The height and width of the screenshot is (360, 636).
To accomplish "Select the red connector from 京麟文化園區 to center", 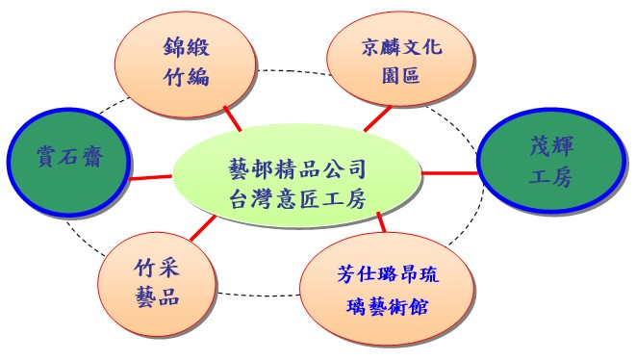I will [376, 119].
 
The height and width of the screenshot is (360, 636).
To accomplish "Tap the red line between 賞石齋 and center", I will [151, 176].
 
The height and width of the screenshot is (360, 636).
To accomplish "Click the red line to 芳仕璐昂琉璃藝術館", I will [382, 221].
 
